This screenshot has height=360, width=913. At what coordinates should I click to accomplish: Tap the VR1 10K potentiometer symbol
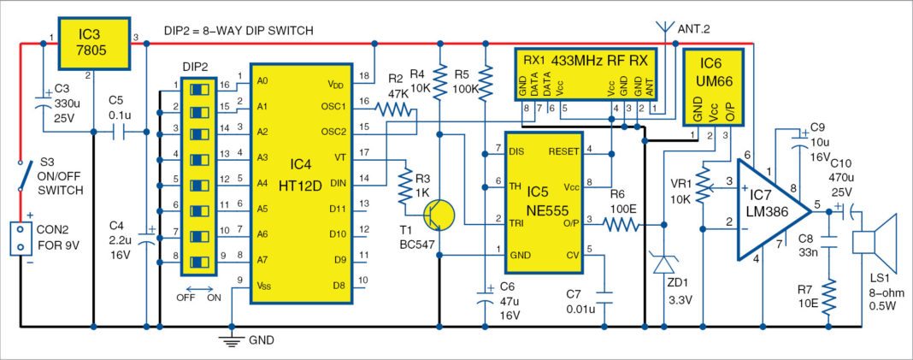[x=703, y=180]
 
